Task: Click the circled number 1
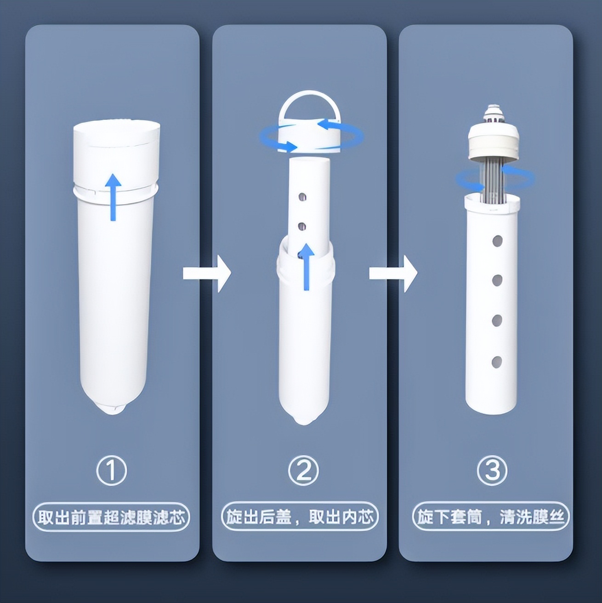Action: click(x=111, y=470)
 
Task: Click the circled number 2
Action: click(x=303, y=470)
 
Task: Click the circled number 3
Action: click(x=492, y=470)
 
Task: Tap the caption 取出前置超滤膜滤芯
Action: click(x=111, y=518)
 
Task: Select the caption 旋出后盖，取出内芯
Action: click(x=300, y=517)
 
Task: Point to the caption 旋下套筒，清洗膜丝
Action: click(x=491, y=517)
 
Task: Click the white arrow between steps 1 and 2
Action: click(x=206, y=273)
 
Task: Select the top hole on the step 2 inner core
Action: click(x=302, y=197)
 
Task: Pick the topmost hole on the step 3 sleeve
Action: click(x=497, y=241)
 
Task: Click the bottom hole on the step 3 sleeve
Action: click(x=496, y=362)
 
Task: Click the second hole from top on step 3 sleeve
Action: click(x=497, y=280)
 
